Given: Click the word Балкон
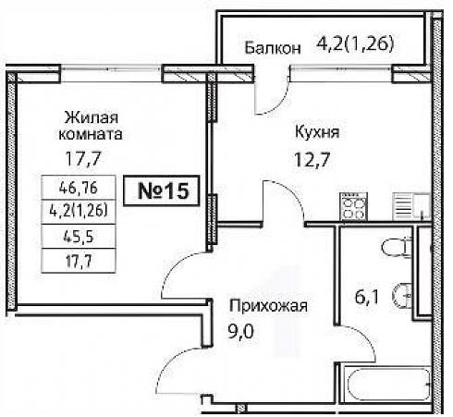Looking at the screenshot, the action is (x=273, y=48).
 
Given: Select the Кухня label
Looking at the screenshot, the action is (x=317, y=132).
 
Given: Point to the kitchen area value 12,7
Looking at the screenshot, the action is (x=312, y=159).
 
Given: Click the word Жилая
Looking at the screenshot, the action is (x=92, y=118).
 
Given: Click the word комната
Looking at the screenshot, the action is (x=91, y=134).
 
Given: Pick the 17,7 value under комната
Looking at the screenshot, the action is (x=83, y=159).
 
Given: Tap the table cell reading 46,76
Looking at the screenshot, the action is (x=79, y=188).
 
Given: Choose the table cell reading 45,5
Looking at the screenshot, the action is (x=79, y=237).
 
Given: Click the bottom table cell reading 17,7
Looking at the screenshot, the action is (x=79, y=261).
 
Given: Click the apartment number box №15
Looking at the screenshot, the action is (x=162, y=190).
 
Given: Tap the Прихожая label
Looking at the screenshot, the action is (x=269, y=306).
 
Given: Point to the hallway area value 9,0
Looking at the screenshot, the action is (x=240, y=332).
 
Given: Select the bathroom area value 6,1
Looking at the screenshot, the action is (x=366, y=298).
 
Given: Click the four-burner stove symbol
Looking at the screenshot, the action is (x=353, y=206).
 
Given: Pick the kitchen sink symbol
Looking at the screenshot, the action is (x=411, y=206).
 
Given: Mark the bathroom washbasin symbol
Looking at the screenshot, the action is (x=403, y=296).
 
